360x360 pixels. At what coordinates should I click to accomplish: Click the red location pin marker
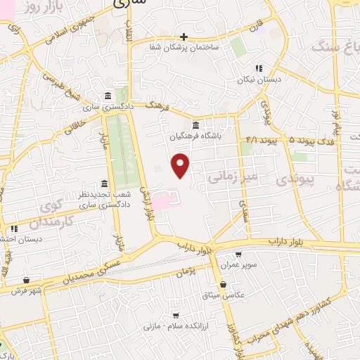[181, 165]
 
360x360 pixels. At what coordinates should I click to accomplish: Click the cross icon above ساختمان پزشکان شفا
[184, 36]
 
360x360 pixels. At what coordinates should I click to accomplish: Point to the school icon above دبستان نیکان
[259, 69]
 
